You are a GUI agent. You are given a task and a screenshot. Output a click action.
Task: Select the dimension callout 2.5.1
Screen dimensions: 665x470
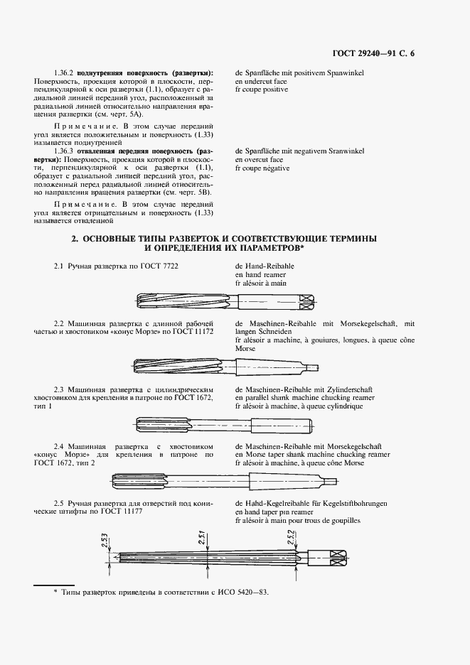click(201, 539)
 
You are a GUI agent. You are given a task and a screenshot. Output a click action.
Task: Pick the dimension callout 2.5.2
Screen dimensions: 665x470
click(290, 539)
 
